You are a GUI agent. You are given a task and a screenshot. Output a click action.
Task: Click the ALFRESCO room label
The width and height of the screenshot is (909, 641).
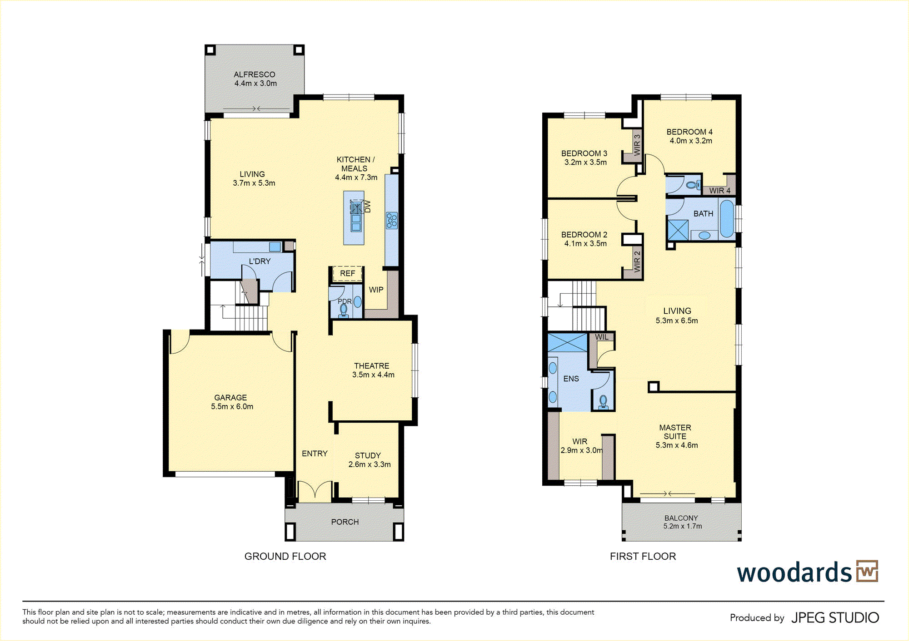255,74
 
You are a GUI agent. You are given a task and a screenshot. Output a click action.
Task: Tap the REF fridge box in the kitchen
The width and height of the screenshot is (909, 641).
348,274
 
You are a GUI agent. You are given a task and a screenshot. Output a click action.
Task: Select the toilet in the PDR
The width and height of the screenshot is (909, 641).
344,310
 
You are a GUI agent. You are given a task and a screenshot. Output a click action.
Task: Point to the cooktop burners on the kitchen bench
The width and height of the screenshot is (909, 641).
392,221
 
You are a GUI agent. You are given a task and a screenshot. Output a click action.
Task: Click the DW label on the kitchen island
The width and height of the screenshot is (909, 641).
368,207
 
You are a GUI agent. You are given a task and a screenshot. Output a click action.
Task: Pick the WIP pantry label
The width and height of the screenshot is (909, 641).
376,290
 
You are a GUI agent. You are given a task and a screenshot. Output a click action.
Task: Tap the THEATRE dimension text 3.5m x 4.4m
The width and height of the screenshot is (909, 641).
373,375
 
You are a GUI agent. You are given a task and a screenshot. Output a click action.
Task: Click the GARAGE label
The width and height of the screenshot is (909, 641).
230,398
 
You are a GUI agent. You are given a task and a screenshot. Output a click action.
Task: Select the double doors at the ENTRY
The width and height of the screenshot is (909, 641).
315,492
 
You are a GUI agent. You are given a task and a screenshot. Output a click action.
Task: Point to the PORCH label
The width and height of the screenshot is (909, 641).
345,522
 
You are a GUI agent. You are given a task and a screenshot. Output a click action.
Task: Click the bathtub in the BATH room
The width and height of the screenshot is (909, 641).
727,219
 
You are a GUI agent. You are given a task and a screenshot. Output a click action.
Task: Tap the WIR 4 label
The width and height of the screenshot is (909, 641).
720,191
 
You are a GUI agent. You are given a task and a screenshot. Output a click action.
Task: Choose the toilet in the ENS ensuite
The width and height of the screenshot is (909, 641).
603,402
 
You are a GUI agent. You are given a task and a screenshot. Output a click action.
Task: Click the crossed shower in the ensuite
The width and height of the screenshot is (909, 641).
568,343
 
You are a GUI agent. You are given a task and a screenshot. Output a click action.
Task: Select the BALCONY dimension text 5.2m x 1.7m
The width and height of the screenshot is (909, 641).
683,527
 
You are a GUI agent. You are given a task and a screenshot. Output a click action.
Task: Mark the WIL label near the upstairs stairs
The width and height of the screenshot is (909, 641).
602,337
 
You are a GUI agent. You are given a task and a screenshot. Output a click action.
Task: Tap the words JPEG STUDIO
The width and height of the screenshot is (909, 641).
835,618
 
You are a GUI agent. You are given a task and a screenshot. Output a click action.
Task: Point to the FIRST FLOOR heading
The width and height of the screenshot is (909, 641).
643,557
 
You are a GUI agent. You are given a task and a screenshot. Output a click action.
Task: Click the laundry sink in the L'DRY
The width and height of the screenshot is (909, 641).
275,247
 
